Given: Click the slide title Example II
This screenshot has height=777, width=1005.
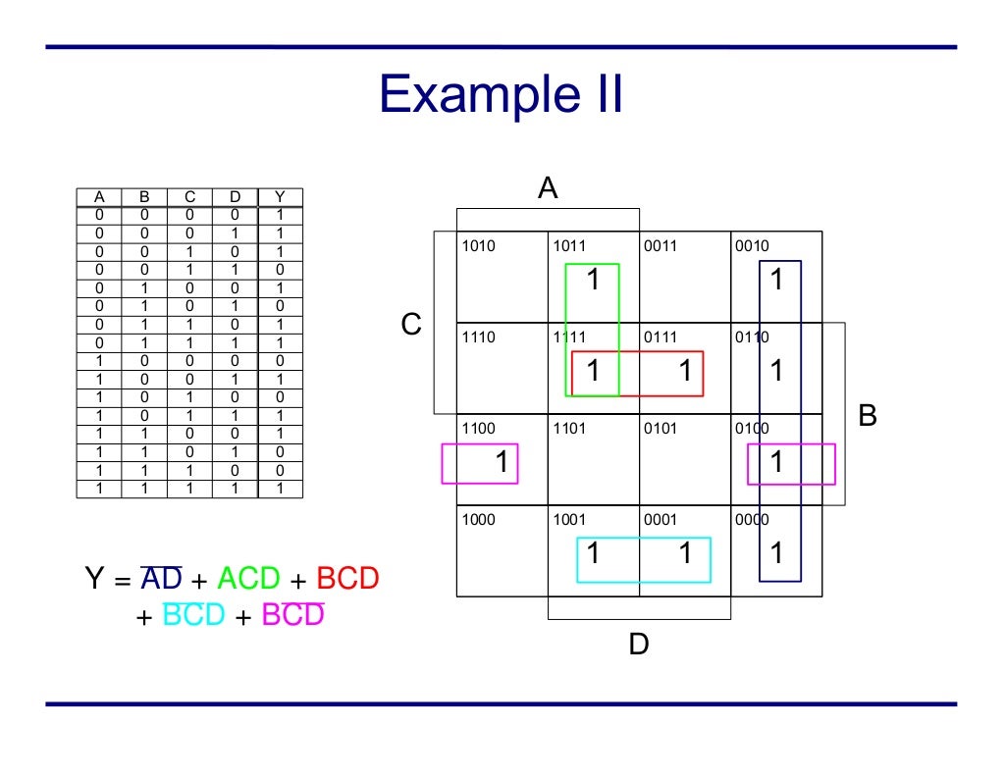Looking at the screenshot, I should pos(501,96).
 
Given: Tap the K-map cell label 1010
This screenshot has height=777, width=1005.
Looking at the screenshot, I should pos(479,246).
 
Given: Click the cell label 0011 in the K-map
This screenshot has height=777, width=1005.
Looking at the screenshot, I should pos(661,246).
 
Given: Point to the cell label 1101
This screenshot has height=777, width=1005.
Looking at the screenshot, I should pos(569,429).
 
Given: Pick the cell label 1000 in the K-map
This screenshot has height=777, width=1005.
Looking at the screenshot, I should pos(479,520).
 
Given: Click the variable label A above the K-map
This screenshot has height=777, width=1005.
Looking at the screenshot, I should pos(548,188).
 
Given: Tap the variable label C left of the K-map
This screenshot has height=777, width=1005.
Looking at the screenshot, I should pos(411,324).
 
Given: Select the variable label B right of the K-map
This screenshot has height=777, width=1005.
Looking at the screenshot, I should pos(868,416).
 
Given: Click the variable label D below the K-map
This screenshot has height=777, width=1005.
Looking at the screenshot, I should pos(639,645).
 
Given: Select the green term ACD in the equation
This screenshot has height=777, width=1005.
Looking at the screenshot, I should pos(248,579).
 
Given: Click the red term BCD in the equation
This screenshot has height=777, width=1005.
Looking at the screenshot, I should pos(347,579).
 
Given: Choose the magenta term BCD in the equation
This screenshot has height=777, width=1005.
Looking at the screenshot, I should pos(292,615).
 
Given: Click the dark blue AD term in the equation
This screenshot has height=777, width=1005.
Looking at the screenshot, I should pos(161,579).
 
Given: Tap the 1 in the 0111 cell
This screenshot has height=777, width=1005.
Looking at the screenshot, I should pos(685,372).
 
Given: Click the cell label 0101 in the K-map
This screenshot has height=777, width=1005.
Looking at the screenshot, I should pos(661,429).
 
